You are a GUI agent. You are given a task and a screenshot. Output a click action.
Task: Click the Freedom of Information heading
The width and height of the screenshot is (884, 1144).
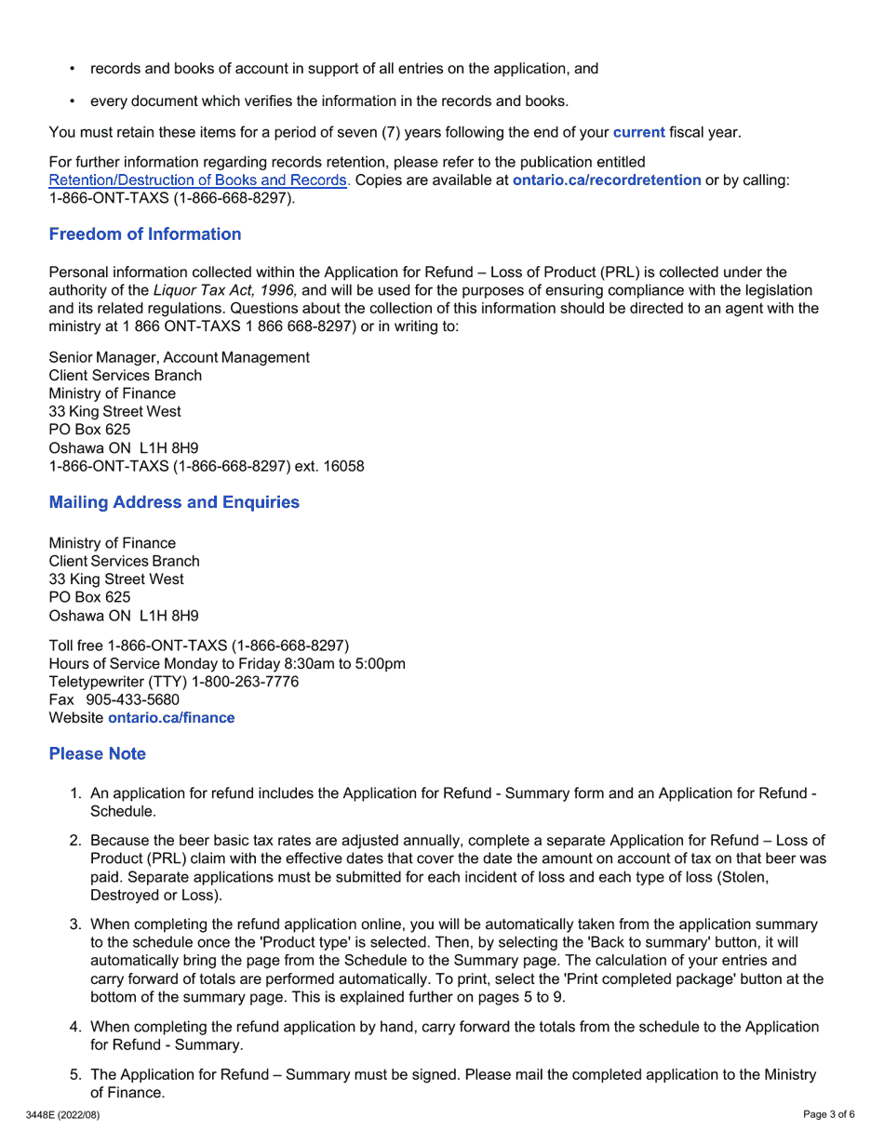pos(144,234)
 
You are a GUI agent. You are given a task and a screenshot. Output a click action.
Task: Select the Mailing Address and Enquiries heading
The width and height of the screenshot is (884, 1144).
pos(174,502)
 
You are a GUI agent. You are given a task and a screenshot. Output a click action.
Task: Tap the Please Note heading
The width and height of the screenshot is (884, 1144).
pos(97,753)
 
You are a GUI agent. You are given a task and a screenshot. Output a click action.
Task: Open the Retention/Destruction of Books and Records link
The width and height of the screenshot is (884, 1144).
pos(198,180)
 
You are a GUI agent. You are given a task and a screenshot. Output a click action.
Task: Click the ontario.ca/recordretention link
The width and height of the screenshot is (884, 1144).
pos(606,180)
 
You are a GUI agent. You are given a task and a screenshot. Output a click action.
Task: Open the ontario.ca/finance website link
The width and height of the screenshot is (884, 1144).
pos(171,718)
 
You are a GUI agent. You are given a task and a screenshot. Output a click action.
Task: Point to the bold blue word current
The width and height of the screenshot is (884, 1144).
pos(638,132)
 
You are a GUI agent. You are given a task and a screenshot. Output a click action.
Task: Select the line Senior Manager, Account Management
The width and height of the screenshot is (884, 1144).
pos(179,357)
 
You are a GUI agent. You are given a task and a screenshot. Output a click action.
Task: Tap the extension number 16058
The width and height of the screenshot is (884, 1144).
pos(343,466)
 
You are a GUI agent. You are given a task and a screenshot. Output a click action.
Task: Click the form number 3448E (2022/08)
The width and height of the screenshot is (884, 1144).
pos(62,1114)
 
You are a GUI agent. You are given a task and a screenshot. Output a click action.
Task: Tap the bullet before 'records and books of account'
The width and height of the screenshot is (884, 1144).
pos(73,69)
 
